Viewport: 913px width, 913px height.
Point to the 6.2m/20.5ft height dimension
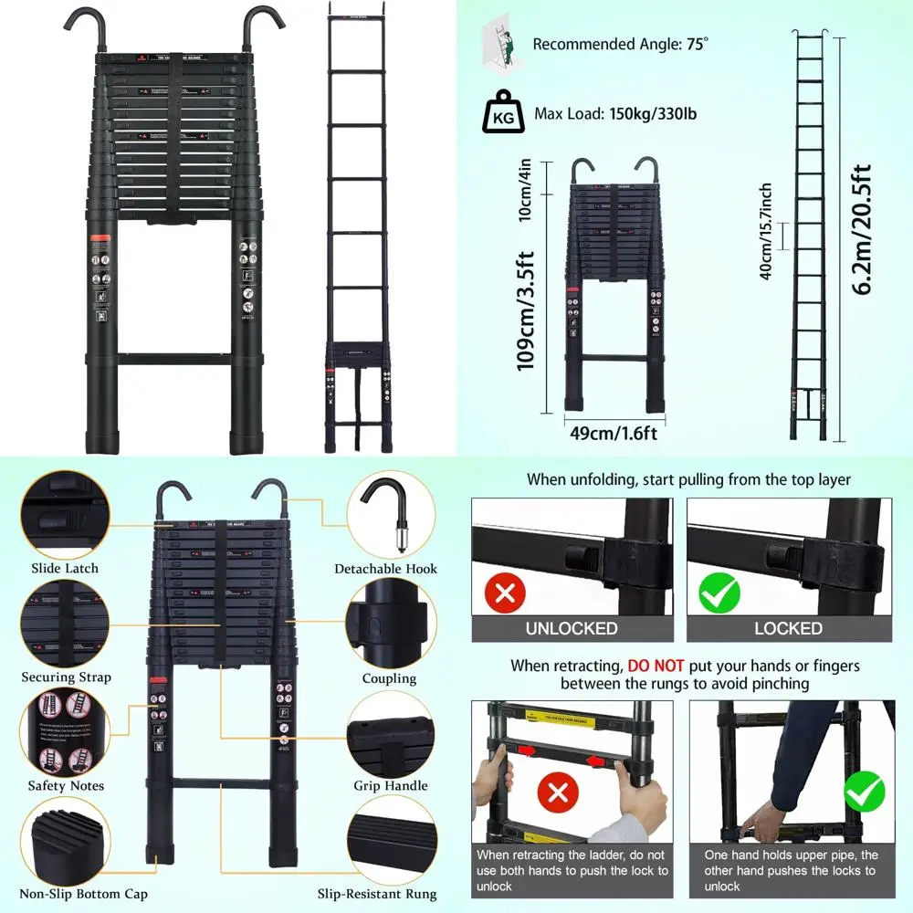pyautogui.click(x=862, y=229)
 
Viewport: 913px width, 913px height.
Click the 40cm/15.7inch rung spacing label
pyautogui.click(x=767, y=231)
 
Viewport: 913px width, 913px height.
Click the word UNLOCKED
pyautogui.click(x=572, y=628)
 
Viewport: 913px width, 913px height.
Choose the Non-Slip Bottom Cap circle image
pyautogui.click(x=64, y=841)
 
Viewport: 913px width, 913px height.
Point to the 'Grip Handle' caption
pyautogui.click(x=391, y=785)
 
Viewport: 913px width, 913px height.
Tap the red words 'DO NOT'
pyautogui.click(x=659, y=666)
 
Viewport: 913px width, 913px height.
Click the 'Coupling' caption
pyautogui.click(x=389, y=678)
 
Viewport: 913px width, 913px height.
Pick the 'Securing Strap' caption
pyautogui.click(x=67, y=677)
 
